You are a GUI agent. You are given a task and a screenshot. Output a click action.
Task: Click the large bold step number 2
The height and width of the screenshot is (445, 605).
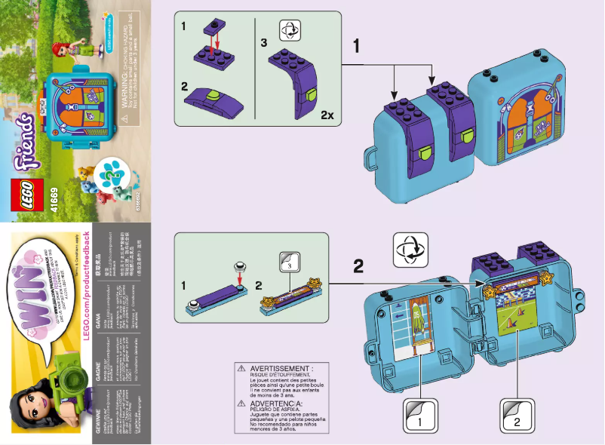[359, 265]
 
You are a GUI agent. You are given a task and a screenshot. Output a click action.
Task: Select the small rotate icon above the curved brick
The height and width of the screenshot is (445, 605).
[290, 31]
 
